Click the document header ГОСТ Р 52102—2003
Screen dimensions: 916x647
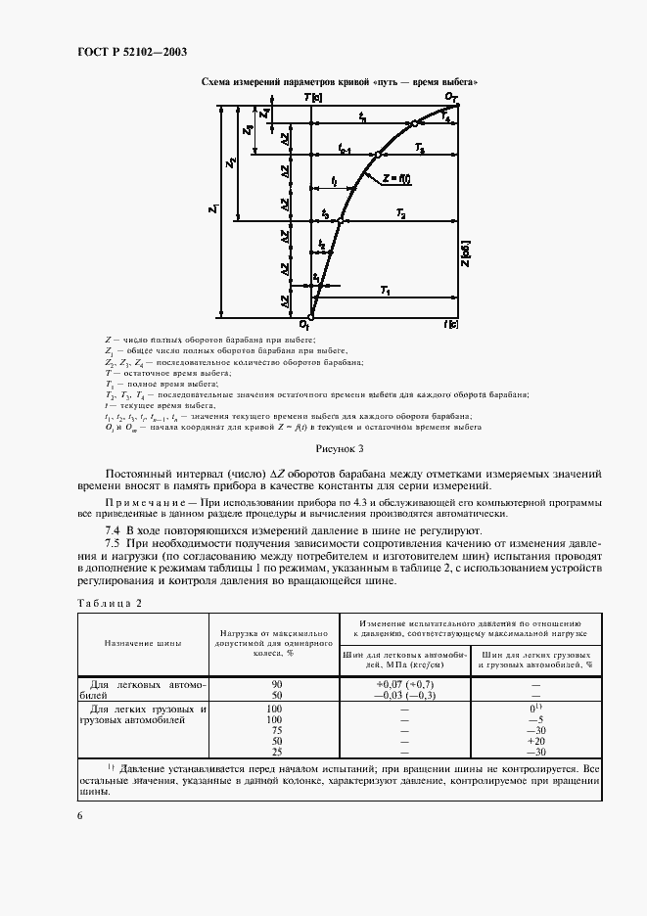point(132,51)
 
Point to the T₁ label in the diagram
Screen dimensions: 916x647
point(385,292)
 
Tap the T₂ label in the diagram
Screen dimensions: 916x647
point(400,212)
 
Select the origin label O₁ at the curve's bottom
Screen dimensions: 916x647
point(304,324)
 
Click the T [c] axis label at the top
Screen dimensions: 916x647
point(313,99)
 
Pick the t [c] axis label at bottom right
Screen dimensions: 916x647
point(450,324)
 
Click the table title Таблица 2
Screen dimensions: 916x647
point(110,603)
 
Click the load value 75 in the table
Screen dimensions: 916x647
point(275,730)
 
